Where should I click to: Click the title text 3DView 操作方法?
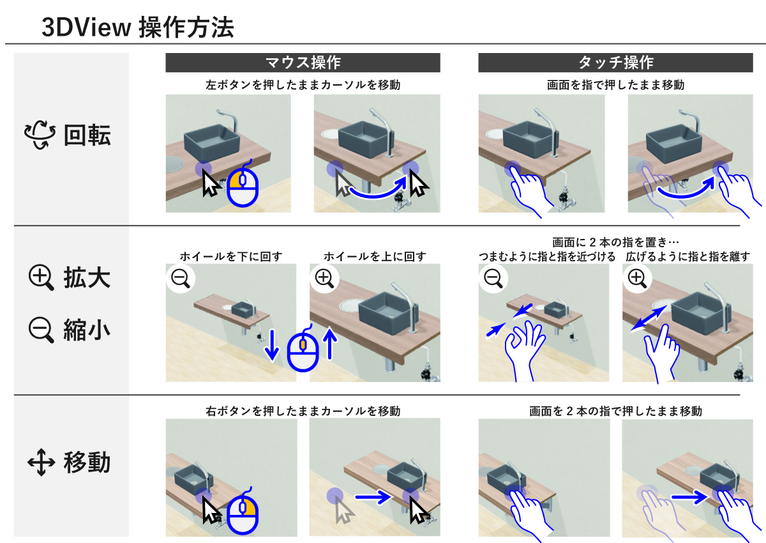pyautogui.click(x=137, y=27)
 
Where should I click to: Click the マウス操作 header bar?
pyautogui.click(x=303, y=63)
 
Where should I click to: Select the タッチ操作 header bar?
pyautogui.click(x=615, y=63)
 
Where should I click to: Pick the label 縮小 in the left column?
pyautogui.click(x=87, y=330)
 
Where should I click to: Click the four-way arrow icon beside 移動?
pyautogui.click(x=40, y=462)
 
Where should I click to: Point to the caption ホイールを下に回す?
pyautogui.click(x=230, y=256)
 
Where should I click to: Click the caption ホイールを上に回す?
pyautogui.click(x=374, y=256)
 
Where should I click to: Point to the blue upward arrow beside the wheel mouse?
pyautogui.click(x=330, y=342)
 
